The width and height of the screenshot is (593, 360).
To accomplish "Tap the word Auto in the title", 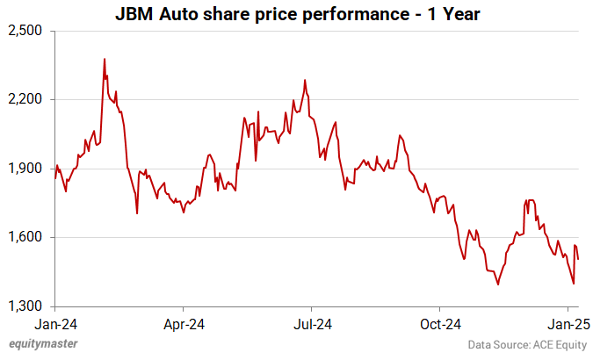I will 178,15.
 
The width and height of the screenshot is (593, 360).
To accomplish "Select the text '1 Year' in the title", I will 455,15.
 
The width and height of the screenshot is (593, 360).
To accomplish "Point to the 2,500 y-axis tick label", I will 25,31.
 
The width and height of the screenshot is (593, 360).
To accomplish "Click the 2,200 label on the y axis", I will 25,99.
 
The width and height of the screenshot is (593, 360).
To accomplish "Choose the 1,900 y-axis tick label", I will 25,169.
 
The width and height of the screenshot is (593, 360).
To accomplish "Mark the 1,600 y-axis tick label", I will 25,237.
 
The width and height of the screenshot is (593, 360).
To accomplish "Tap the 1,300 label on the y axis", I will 25,306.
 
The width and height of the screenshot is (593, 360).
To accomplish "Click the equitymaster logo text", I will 42,344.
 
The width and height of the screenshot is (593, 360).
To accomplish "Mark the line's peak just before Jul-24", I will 304,80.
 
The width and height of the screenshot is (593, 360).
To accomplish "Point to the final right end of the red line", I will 578,259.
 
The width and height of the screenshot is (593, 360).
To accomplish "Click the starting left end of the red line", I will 55,178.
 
